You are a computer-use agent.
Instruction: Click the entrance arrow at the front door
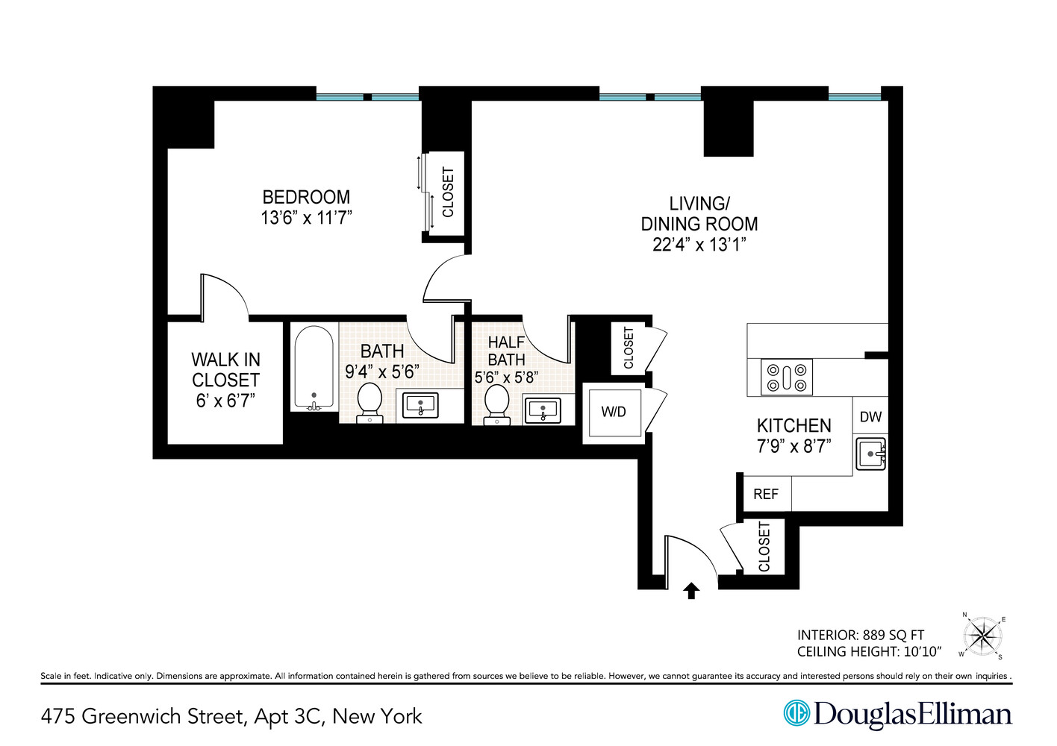[x=691, y=591]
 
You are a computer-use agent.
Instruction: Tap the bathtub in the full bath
[x=314, y=368]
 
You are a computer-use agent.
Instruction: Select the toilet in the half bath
[x=496, y=404]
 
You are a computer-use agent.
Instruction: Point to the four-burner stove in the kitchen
[x=787, y=377]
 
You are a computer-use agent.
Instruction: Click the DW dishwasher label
[x=870, y=417]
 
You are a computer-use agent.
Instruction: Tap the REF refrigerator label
[x=765, y=494]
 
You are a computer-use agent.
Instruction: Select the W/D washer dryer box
[x=614, y=412]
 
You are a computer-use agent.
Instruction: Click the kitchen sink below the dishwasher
[x=870, y=454]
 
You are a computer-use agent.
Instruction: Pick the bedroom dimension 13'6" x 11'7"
[x=306, y=218]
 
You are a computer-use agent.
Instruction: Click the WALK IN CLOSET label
[x=225, y=370]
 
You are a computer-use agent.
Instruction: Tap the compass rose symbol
[x=982, y=636]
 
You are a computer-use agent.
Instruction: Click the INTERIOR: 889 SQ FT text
[x=860, y=635]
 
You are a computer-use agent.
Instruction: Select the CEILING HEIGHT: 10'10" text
[x=869, y=652]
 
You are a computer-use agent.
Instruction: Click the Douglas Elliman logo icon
[x=796, y=712]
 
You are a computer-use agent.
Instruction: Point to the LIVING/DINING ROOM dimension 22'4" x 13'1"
[x=699, y=245]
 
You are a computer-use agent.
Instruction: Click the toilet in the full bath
[x=370, y=403]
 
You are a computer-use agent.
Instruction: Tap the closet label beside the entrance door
[x=764, y=547]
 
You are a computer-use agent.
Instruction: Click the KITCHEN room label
[x=793, y=425]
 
